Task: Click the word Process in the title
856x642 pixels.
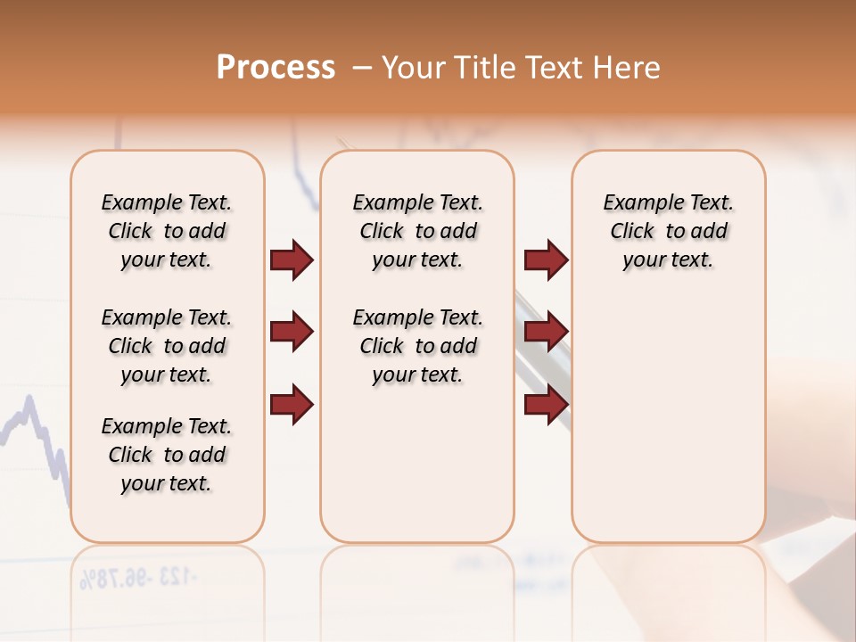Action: tap(276, 68)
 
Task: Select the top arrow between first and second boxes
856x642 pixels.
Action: tap(292, 259)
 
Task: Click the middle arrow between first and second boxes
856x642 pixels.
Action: tap(292, 332)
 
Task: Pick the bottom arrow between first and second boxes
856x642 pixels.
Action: tap(292, 404)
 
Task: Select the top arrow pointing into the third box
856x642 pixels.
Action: tap(546, 259)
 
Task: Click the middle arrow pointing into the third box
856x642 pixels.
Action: tap(546, 332)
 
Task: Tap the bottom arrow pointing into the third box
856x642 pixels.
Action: tap(546, 404)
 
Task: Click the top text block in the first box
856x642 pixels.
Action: tap(167, 231)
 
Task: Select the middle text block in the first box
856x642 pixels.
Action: tap(167, 346)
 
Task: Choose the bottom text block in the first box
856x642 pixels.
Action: tap(167, 455)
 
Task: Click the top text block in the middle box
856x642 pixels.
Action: tap(418, 231)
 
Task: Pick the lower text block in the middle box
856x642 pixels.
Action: tap(418, 346)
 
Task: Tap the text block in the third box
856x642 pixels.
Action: tap(669, 231)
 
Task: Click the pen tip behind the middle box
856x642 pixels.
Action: tap(342, 143)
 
